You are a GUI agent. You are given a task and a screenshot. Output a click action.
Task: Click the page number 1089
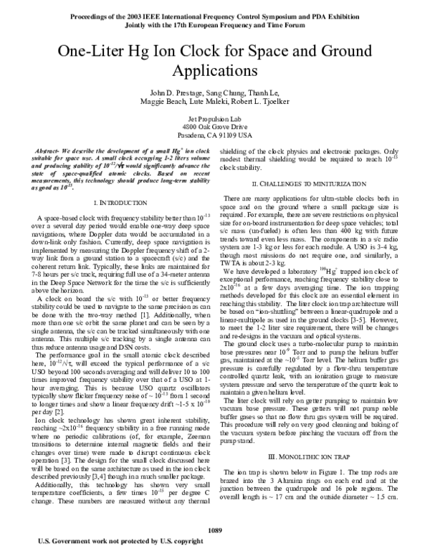coord(215,529)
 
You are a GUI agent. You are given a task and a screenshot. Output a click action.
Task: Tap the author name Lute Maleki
coord(217,104)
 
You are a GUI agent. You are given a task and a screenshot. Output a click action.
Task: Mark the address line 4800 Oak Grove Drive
coord(215,126)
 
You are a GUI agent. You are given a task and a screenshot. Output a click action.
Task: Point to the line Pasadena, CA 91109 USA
coord(215,134)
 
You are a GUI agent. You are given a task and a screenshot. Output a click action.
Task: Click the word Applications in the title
coord(215,72)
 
